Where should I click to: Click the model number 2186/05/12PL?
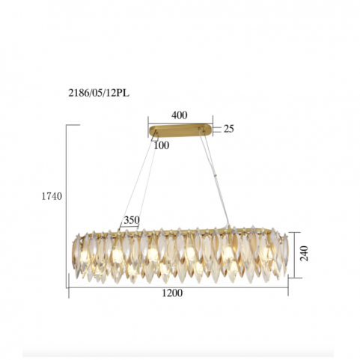pos(99,94)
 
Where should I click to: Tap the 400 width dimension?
pos(180,115)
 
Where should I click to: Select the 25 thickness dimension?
pos(228,129)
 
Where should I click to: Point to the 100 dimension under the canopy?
pos(162,145)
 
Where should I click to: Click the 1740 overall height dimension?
pos(52,197)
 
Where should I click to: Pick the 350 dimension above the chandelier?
pos(132,220)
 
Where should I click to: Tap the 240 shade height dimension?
pos(304,253)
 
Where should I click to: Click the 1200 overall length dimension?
pos(172,293)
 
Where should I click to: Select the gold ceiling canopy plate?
pos(180,131)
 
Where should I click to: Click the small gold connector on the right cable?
pos(216,176)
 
